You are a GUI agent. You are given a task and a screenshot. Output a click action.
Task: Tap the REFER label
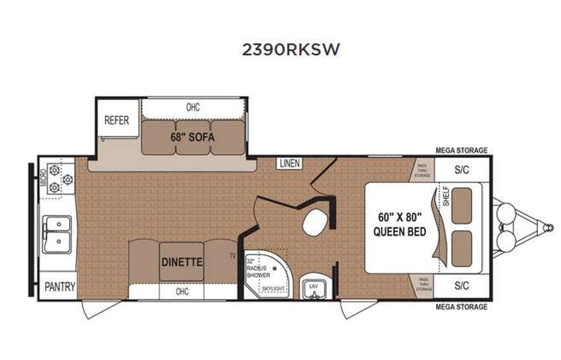117,121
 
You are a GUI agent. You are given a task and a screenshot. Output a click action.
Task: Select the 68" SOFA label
192,137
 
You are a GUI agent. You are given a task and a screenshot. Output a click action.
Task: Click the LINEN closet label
289,163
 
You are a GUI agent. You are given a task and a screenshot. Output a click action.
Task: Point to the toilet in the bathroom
314,223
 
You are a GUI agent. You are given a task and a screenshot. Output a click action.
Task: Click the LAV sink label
313,286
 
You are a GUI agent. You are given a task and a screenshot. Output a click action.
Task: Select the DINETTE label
182,261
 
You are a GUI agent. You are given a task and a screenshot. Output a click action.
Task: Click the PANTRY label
58,287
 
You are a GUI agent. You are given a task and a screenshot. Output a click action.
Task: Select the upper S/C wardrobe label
461,170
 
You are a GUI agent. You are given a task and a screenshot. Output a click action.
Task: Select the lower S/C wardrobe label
461,286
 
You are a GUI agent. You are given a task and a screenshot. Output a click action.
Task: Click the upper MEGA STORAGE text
461,151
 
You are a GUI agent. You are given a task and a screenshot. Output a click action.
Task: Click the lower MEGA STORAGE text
461,307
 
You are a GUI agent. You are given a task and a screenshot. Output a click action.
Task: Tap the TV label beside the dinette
232,256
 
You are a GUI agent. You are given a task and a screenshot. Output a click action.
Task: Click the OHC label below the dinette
182,292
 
